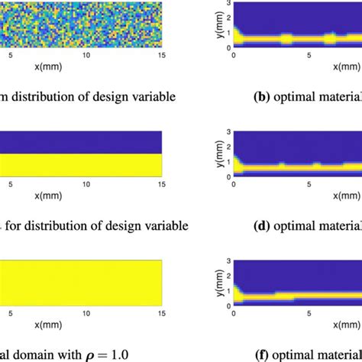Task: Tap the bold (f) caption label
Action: click(x=265, y=354)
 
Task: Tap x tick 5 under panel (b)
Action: click(x=310, y=55)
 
